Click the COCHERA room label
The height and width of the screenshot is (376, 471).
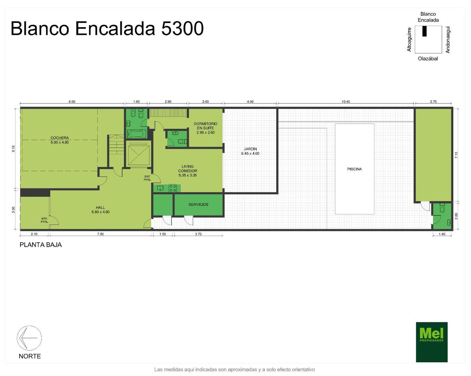[x=60, y=140]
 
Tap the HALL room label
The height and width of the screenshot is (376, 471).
[x=100, y=210]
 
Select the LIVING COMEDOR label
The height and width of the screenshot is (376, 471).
[x=188, y=171]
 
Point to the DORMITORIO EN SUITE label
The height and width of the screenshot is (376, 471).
[x=205, y=128]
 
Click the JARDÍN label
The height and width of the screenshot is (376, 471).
[x=250, y=151]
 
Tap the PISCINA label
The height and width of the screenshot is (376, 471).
[x=354, y=169]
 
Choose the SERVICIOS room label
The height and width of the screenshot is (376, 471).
[x=198, y=204]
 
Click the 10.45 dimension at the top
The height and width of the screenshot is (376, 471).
[x=346, y=102]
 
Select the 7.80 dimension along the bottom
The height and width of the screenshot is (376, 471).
[x=100, y=234]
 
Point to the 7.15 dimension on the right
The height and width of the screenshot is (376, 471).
[x=456, y=155]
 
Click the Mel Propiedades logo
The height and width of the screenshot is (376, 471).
[x=432, y=342]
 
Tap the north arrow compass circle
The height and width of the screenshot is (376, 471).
[x=29, y=338]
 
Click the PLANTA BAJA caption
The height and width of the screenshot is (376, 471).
[x=40, y=245]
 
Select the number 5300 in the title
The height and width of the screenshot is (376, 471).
[x=182, y=29]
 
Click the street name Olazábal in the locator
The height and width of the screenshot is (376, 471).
[x=428, y=58]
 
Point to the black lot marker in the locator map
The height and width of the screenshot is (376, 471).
[x=425, y=31]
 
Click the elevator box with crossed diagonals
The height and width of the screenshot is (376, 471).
[x=139, y=155]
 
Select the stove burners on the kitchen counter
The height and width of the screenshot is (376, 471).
[x=173, y=188]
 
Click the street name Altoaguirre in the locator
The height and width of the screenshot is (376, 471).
[x=409, y=40]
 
